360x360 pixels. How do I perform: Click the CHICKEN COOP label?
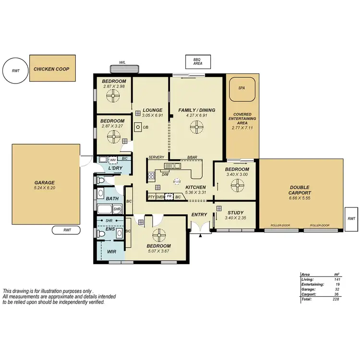click(51, 69)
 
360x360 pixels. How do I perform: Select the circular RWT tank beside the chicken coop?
click(16, 71)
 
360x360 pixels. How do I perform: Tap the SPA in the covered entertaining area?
click(241, 88)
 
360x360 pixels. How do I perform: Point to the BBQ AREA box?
click(197, 61)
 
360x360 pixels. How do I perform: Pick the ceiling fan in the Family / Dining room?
click(196, 128)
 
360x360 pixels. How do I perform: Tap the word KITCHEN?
click(195, 187)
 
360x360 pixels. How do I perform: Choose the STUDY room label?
click(235, 213)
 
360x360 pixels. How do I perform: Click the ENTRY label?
click(199, 215)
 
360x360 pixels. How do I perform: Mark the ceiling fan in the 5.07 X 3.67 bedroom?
click(158, 235)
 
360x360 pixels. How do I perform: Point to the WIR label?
click(111, 251)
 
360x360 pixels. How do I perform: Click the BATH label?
click(112, 198)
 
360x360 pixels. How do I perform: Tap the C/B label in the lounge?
click(145, 127)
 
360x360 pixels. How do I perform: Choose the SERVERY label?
click(156, 157)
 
